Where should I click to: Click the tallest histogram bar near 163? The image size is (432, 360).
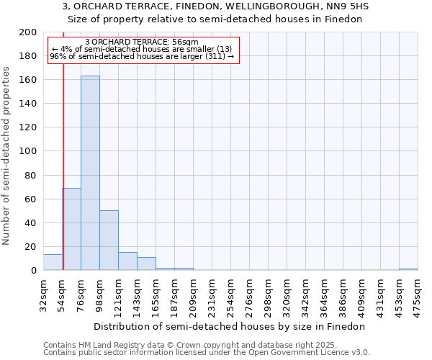pyautogui.click(x=90, y=173)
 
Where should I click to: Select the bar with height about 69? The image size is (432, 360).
pyautogui.click(x=71, y=229)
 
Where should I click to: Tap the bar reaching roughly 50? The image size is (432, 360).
pyautogui.click(x=109, y=240)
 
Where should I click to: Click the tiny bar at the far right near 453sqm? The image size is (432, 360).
pyautogui.click(x=408, y=269)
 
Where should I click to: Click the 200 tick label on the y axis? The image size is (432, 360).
pyautogui.click(x=28, y=32)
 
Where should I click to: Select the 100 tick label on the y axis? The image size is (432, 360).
pyautogui.click(x=28, y=151)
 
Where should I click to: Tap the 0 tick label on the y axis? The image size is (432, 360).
pyautogui.click(x=33, y=271)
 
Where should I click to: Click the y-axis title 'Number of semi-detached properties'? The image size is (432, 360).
pyautogui.click(x=6, y=156)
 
